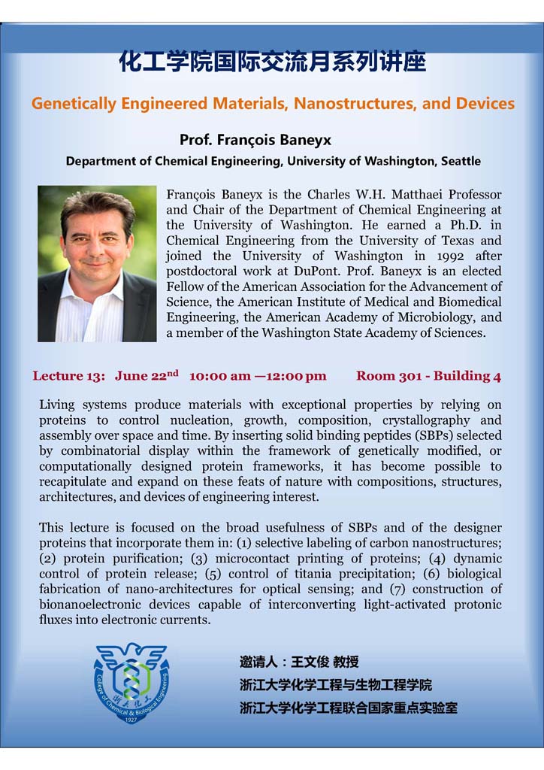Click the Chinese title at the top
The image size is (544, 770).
272,62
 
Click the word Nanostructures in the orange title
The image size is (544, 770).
352,103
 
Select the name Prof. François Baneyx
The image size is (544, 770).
255,140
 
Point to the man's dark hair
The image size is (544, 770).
98,206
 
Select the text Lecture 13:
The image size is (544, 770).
67,376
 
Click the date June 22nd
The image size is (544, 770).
147,375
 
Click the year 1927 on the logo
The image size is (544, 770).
131,720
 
